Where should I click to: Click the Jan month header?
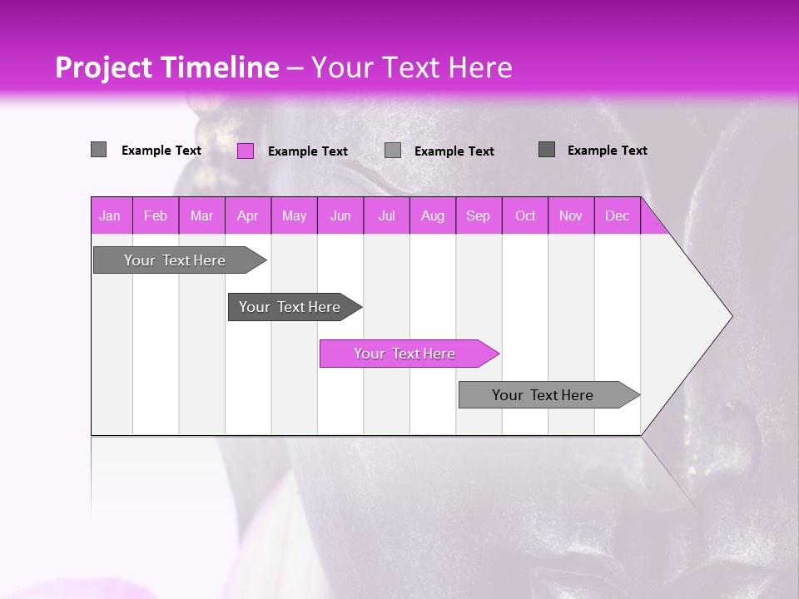coord(110,216)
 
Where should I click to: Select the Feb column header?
coord(156,216)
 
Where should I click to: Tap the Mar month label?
coord(201,216)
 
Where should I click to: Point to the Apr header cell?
coord(248,216)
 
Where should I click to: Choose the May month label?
coord(294,216)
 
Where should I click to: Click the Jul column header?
coord(387,216)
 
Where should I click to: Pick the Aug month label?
coord(433,216)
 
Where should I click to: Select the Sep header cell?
coord(479,216)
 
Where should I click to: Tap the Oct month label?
coord(525,216)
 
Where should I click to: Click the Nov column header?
coord(571,216)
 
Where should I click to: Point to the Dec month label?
coord(618,216)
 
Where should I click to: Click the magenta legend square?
coord(246,151)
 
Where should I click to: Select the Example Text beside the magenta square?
coord(308,151)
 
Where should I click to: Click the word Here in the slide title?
coord(480,68)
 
